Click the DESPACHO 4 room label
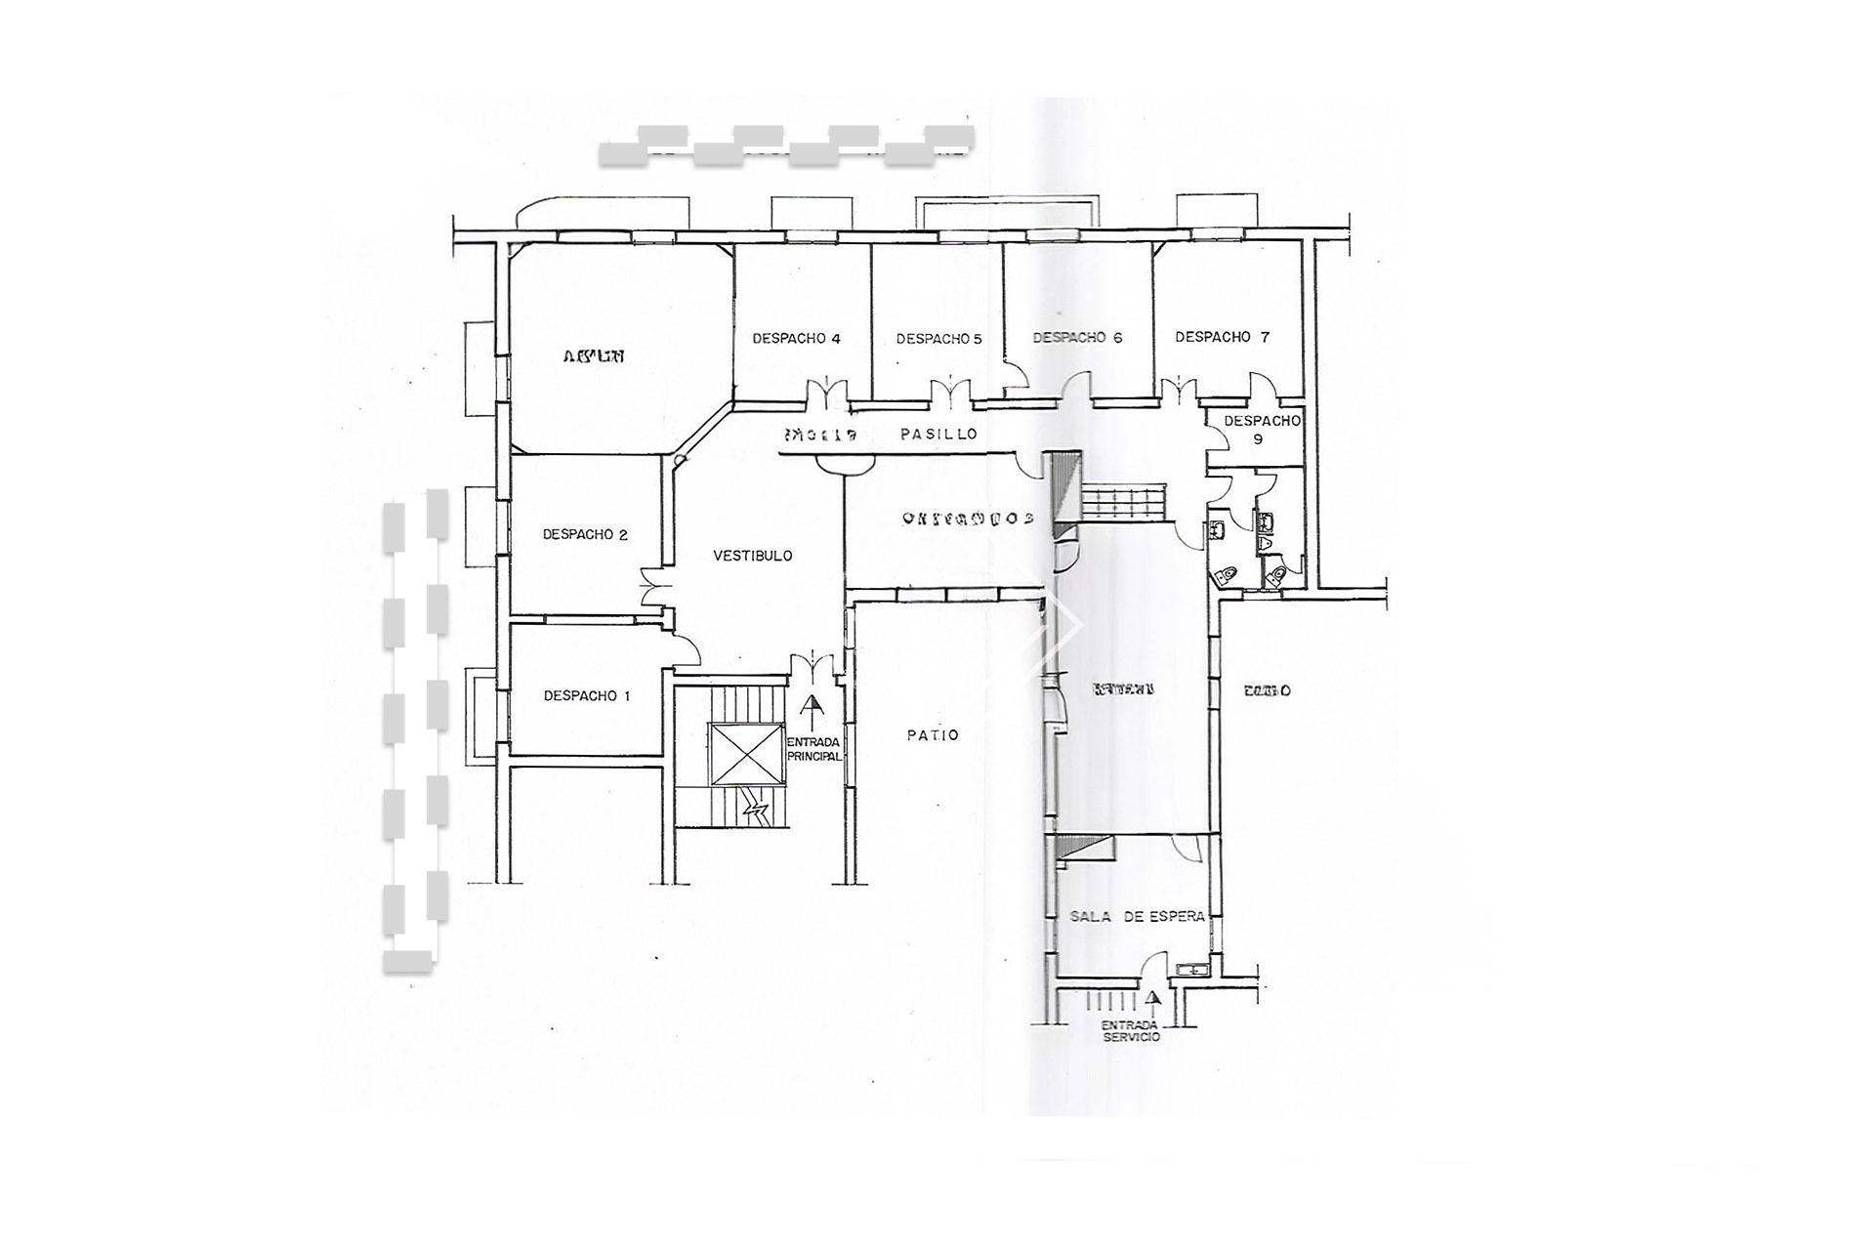(x=796, y=339)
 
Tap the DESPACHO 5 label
(x=938, y=339)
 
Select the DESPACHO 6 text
(x=1077, y=338)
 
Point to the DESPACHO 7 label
(x=1222, y=337)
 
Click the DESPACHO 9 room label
(x=1261, y=430)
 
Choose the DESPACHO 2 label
(x=585, y=534)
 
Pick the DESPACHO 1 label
(x=587, y=696)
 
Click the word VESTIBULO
(x=752, y=556)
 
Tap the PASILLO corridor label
(x=937, y=435)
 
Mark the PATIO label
(x=933, y=735)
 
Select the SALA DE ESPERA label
(x=1137, y=917)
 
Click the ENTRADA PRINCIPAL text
(x=813, y=749)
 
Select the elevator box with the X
(x=747, y=754)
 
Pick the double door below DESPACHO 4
(x=827, y=393)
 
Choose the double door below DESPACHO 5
(x=948, y=393)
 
